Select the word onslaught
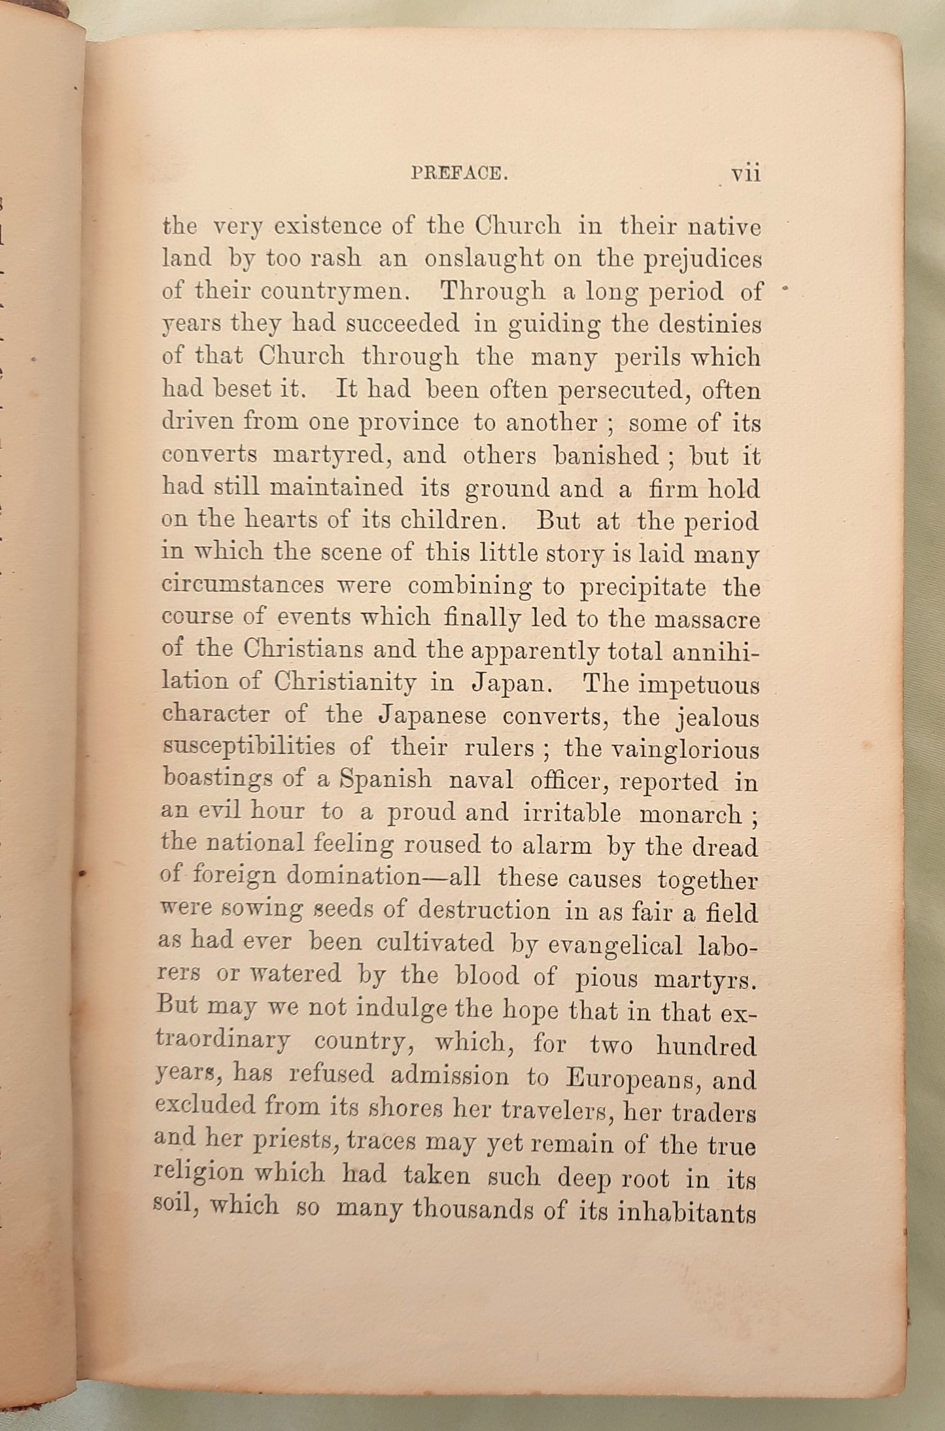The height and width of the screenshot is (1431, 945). point(483,259)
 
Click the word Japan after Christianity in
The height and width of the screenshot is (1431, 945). point(513,683)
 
